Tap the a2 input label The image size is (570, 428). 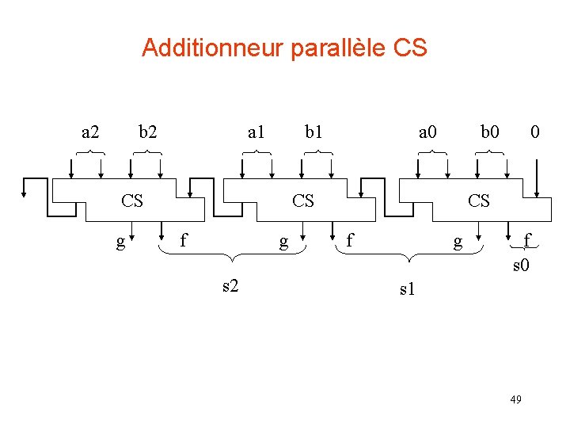(x=91, y=131)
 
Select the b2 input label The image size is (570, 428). (x=147, y=131)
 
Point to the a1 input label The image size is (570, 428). (x=256, y=131)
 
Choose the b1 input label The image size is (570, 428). (x=314, y=131)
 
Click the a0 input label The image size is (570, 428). (x=427, y=131)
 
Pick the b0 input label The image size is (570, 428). (x=491, y=131)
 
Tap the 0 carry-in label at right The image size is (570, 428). (x=536, y=131)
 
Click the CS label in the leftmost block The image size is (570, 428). (x=132, y=201)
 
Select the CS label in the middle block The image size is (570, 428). (x=303, y=201)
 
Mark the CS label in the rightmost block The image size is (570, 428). (x=479, y=201)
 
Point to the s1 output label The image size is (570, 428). (x=407, y=290)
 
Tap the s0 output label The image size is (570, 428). (x=520, y=265)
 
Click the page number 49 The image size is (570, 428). (x=515, y=399)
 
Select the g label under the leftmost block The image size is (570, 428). (x=120, y=242)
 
